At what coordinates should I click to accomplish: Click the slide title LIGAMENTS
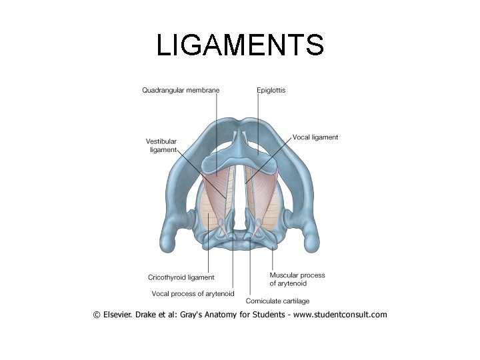[240, 45]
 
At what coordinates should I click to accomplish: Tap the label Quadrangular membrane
[181, 90]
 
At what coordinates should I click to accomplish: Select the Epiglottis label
[271, 90]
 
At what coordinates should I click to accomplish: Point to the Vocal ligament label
[315, 137]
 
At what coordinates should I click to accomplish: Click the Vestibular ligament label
[161, 145]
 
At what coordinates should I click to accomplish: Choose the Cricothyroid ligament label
[181, 277]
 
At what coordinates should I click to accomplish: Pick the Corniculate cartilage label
[277, 301]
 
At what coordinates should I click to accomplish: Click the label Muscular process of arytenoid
[297, 279]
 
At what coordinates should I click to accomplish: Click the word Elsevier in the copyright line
[122, 315]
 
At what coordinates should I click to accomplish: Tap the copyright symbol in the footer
[97, 315]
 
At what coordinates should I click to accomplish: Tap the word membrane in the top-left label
[203, 90]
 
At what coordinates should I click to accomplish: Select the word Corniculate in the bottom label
[264, 301]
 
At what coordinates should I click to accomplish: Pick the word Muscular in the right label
[284, 275]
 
